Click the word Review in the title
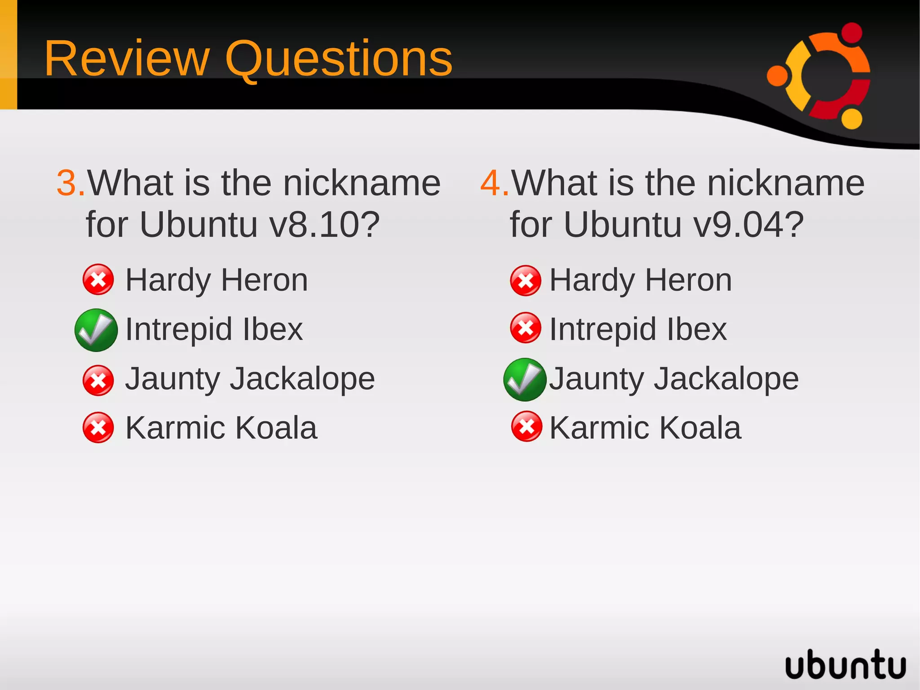(x=127, y=59)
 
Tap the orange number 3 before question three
(x=68, y=183)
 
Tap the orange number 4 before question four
(x=492, y=183)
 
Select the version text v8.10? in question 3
(x=325, y=224)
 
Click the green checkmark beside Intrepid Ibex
(x=96, y=330)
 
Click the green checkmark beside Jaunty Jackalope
(x=525, y=379)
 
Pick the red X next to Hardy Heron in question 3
(x=98, y=280)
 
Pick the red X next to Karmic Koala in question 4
(x=526, y=427)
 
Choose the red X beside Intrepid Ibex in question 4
(x=526, y=328)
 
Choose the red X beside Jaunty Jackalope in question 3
(x=98, y=380)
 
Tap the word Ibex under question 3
(x=273, y=329)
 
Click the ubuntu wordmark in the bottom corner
(x=845, y=664)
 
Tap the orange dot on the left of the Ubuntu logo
(x=777, y=76)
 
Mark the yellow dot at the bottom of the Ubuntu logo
(x=851, y=119)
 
